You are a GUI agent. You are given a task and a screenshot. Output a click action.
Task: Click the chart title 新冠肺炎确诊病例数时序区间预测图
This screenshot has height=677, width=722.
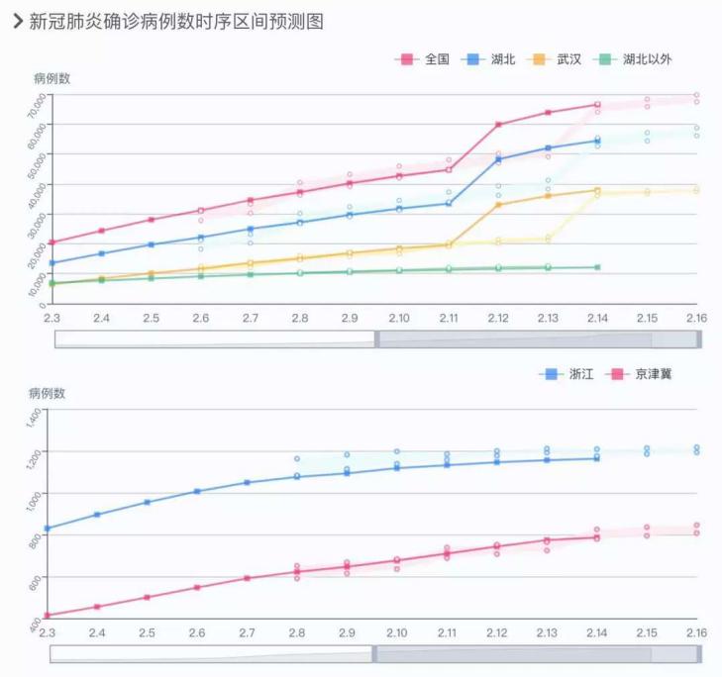(x=175, y=21)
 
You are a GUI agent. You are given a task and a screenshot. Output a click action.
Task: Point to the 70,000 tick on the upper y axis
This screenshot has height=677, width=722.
(x=38, y=100)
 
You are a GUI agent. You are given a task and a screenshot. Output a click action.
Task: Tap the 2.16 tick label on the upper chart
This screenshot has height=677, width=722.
(x=697, y=318)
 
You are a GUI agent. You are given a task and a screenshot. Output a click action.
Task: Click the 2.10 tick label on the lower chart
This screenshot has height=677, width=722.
(x=397, y=632)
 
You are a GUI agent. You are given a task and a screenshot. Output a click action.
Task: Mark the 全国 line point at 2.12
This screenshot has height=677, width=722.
(x=498, y=125)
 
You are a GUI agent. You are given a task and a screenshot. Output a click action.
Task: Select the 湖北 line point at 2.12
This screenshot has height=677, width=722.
(x=498, y=159)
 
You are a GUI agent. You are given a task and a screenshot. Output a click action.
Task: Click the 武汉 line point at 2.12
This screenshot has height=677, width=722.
(x=498, y=204)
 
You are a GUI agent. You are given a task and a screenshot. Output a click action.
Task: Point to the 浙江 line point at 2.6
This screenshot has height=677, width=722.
(x=197, y=491)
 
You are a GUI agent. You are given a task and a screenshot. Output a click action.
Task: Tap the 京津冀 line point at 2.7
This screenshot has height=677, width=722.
(x=247, y=578)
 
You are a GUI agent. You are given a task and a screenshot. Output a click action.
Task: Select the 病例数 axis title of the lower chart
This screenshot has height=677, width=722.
(x=47, y=393)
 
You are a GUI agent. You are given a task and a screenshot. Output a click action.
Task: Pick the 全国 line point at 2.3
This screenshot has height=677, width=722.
(x=52, y=242)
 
